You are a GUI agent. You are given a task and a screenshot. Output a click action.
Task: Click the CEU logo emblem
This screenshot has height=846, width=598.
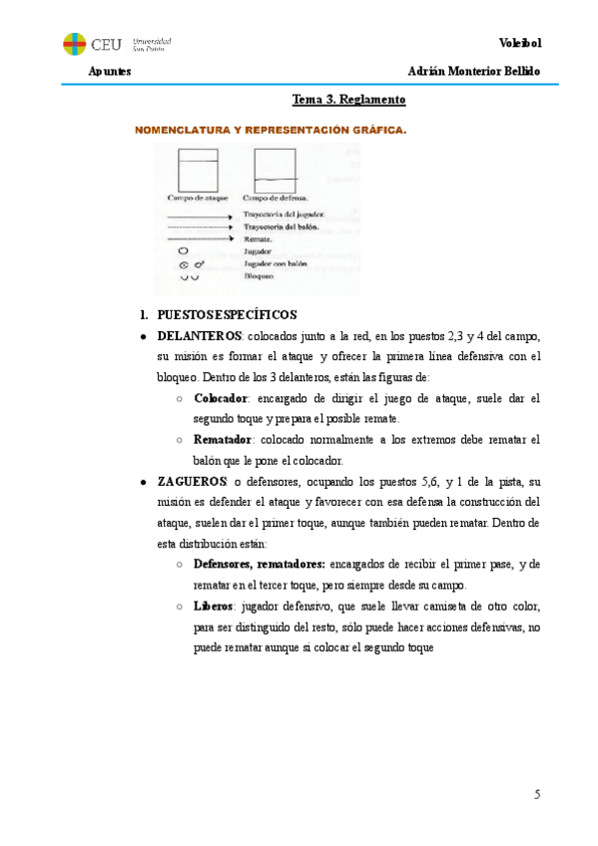pos(74,44)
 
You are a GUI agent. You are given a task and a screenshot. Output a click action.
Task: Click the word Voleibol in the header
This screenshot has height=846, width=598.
pos(518,42)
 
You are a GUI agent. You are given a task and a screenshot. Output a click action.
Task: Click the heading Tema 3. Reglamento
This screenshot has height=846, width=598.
pos(347,100)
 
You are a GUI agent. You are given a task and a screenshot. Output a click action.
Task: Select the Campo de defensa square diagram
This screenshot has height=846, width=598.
pos(275,169)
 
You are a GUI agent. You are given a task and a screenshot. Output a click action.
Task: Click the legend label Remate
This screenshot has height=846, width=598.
pos(257,239)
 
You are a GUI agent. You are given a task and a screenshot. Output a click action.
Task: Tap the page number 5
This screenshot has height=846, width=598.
pos(536,794)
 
